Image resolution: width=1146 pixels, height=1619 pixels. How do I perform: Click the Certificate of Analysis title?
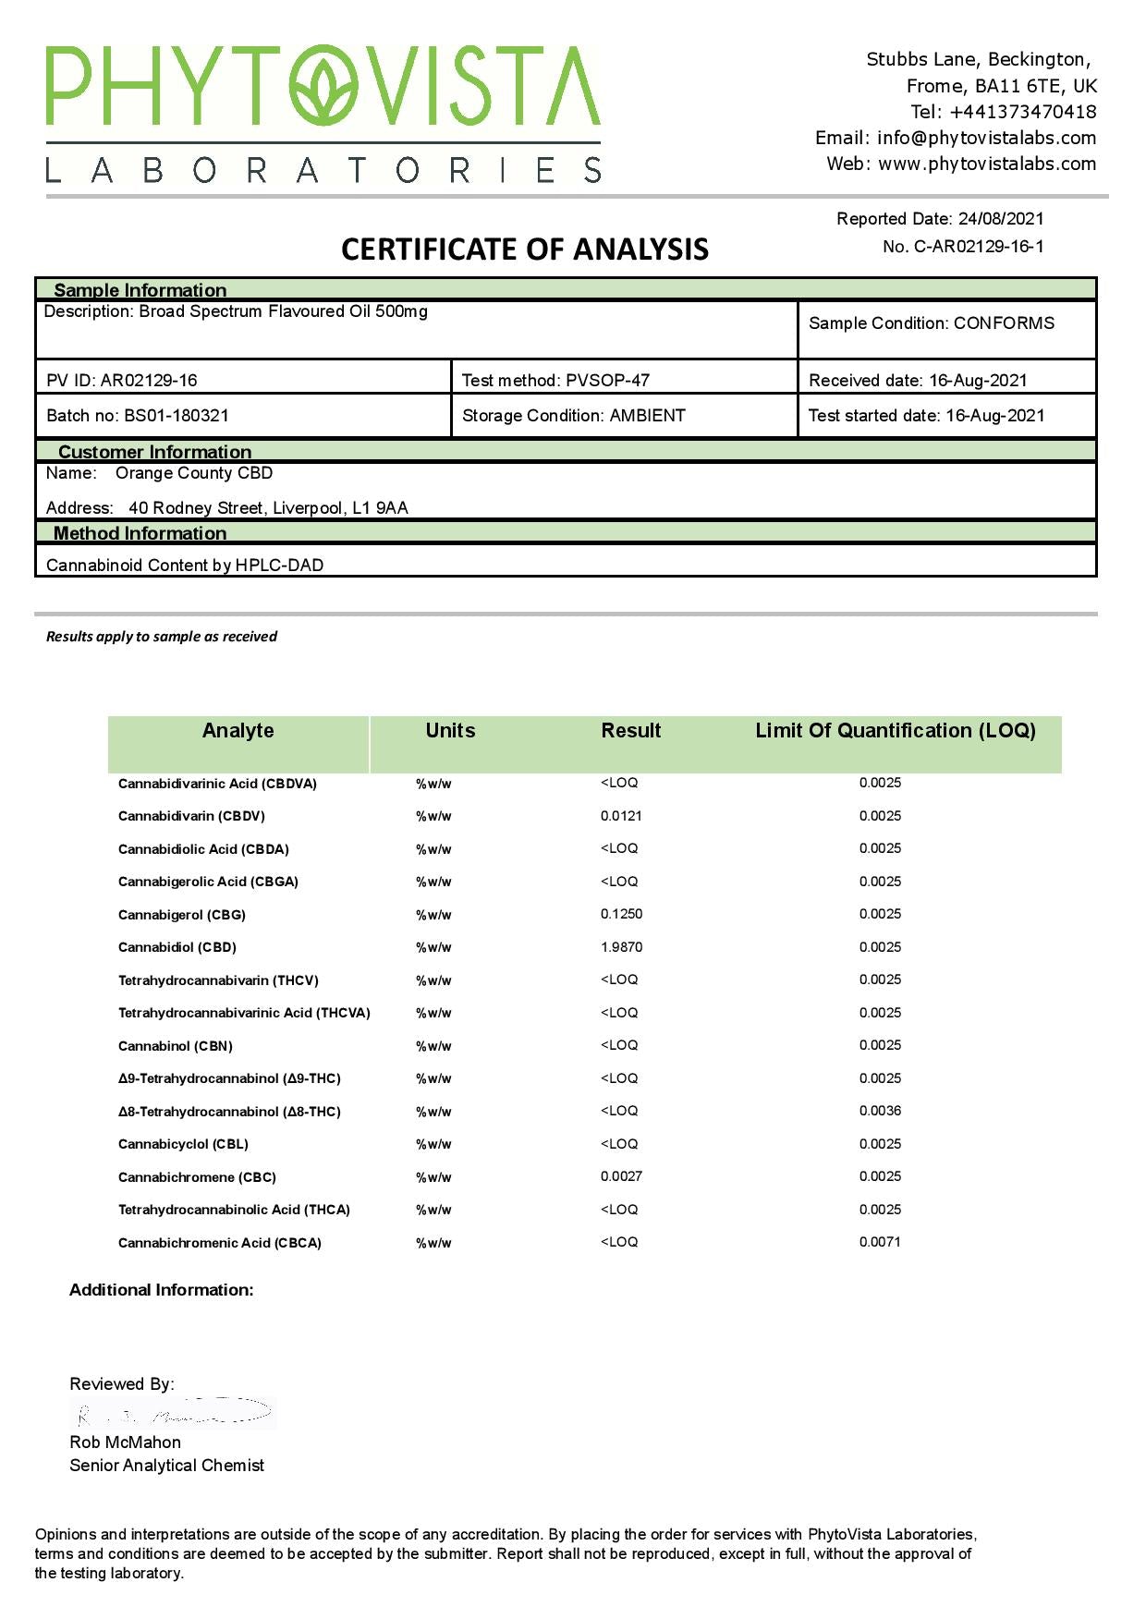pyautogui.click(x=525, y=250)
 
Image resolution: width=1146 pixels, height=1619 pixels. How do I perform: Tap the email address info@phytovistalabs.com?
pyautogui.click(x=986, y=138)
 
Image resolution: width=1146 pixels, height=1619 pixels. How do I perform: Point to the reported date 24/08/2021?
pyautogui.click(x=1001, y=219)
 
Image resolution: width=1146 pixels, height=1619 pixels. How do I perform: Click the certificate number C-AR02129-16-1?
pyautogui.click(x=979, y=247)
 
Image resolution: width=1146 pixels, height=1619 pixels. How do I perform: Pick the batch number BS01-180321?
pyautogui.click(x=177, y=416)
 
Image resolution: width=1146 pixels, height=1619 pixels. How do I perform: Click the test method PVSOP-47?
pyautogui.click(x=607, y=381)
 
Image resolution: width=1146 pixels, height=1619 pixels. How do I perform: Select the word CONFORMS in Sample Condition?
pyautogui.click(x=1004, y=323)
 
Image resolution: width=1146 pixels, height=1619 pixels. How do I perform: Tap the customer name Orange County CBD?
pyautogui.click(x=194, y=473)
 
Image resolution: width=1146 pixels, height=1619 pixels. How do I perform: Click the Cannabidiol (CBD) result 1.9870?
pyautogui.click(x=621, y=947)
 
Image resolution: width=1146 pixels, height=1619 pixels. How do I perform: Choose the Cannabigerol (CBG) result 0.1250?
pyautogui.click(x=621, y=914)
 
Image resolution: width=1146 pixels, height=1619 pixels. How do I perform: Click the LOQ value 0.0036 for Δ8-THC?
pyautogui.click(x=880, y=1111)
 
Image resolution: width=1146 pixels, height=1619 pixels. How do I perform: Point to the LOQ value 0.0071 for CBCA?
pyautogui.click(x=880, y=1242)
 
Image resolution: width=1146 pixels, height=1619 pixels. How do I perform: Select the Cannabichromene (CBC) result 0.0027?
pyautogui.click(x=621, y=1176)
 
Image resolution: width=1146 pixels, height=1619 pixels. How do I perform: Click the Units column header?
pyautogui.click(x=450, y=731)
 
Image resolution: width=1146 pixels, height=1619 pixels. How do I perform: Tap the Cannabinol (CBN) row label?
pyautogui.click(x=176, y=1046)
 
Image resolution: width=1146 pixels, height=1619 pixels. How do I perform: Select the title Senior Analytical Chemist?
pyautogui.click(x=166, y=1466)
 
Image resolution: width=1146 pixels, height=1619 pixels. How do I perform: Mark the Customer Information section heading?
pyautogui.click(x=154, y=452)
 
